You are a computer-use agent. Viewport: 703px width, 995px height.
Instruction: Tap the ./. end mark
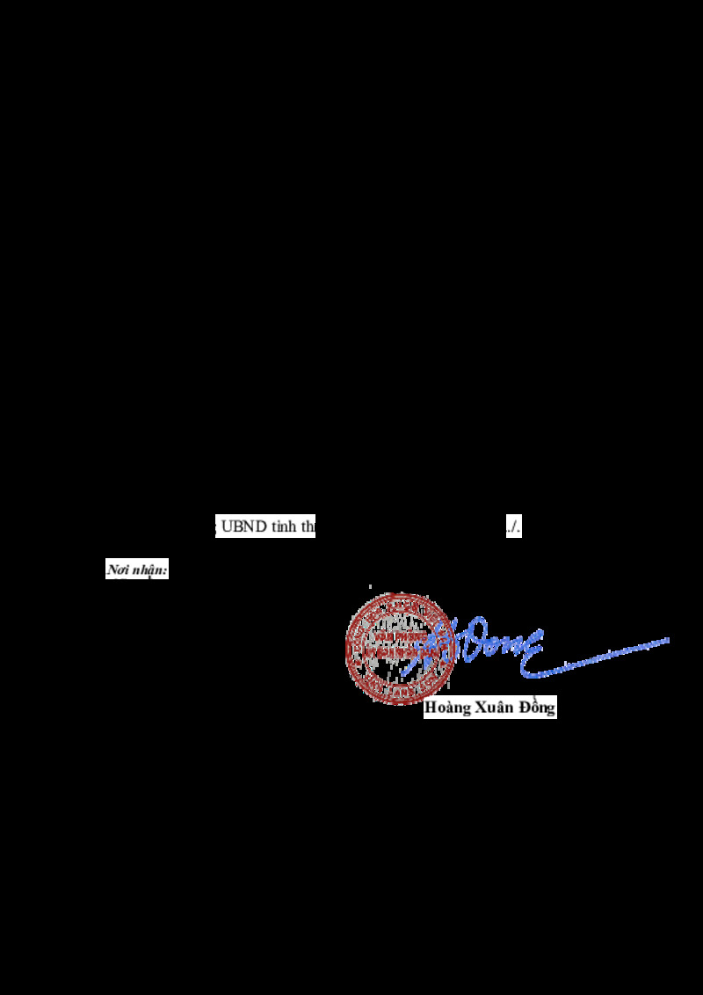click(513, 527)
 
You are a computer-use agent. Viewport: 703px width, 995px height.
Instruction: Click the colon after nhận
click(166, 570)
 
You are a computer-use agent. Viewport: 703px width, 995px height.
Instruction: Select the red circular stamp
click(399, 646)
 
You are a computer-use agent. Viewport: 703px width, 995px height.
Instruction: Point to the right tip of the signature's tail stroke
click(668, 640)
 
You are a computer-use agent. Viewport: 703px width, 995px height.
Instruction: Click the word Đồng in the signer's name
click(538, 708)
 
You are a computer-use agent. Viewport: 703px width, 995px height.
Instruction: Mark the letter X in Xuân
click(482, 708)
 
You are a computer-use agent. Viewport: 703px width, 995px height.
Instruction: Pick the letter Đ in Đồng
click(525, 708)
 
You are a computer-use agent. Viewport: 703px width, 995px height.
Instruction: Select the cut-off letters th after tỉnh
click(308, 527)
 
